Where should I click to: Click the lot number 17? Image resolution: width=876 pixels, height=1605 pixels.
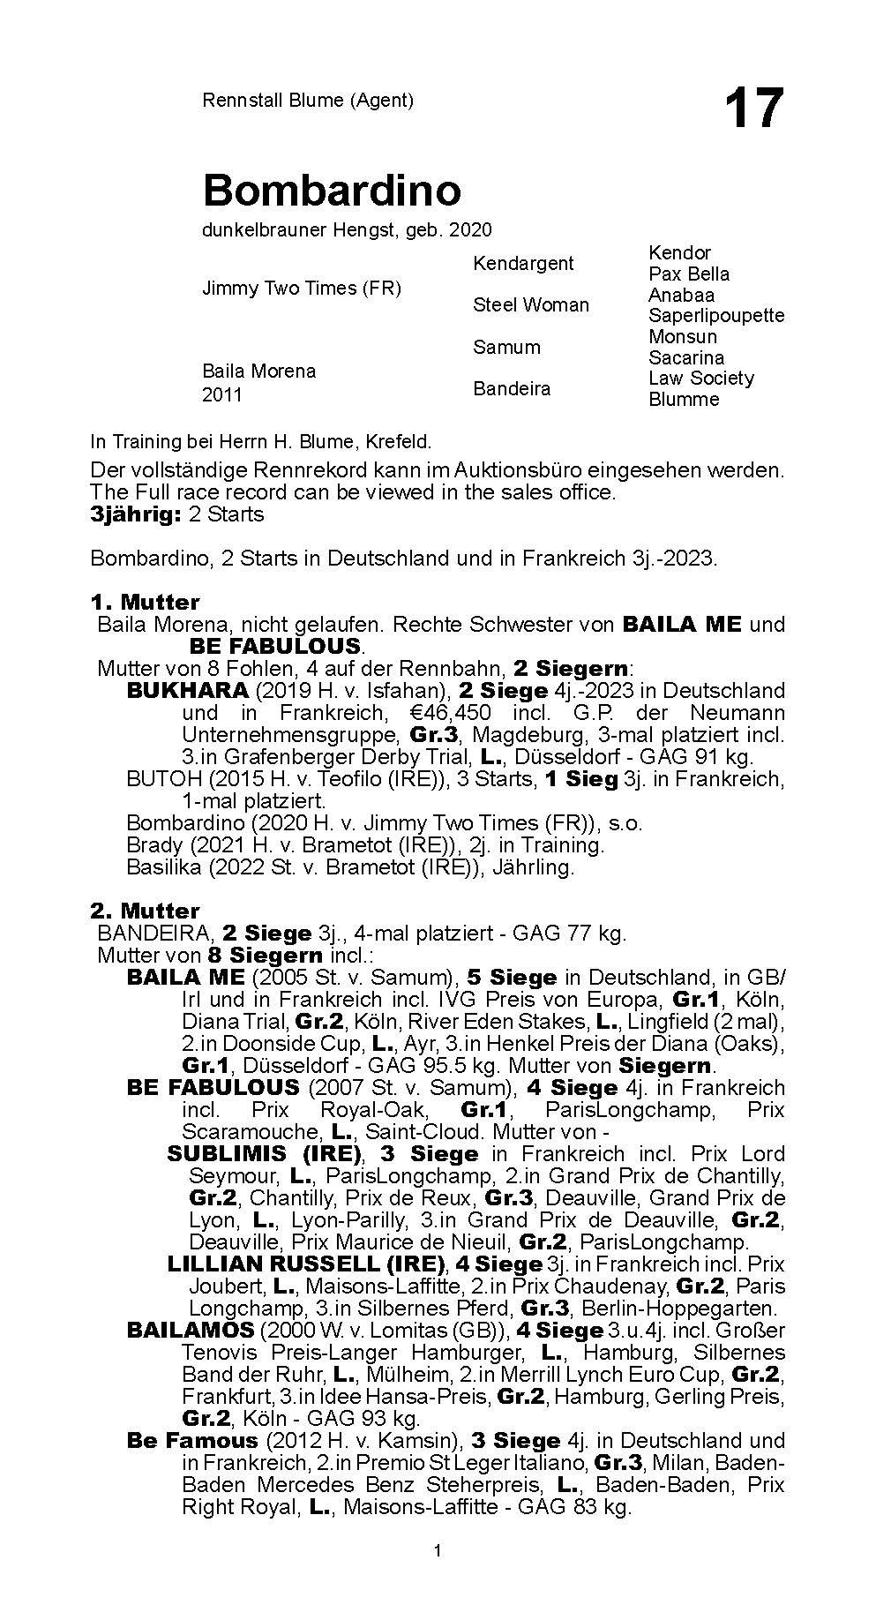point(753,110)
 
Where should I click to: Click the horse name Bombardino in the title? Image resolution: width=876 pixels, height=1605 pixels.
point(332,190)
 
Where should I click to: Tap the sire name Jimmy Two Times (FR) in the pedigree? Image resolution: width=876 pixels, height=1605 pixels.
point(302,289)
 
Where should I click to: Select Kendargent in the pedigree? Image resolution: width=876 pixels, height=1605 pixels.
point(523,263)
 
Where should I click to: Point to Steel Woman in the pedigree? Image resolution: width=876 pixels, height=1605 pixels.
point(530,304)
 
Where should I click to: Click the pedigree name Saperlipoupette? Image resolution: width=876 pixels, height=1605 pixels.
point(715,315)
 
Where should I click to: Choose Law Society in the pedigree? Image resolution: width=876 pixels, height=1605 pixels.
point(701,378)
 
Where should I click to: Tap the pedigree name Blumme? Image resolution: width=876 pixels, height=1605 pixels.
point(684,399)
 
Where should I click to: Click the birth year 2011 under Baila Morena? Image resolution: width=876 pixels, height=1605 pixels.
point(221,394)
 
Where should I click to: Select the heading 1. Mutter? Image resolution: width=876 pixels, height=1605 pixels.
point(146,603)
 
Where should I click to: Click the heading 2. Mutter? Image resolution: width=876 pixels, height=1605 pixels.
point(146,911)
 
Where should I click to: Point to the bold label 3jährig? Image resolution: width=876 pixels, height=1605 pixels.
point(135,514)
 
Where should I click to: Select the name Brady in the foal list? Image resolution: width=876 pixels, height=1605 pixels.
point(154,844)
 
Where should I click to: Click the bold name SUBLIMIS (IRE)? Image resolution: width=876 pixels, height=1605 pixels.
point(265,1153)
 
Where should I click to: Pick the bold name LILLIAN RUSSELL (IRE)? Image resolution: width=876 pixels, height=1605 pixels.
point(306,1264)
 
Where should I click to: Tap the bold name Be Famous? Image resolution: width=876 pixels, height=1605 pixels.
point(192,1440)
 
